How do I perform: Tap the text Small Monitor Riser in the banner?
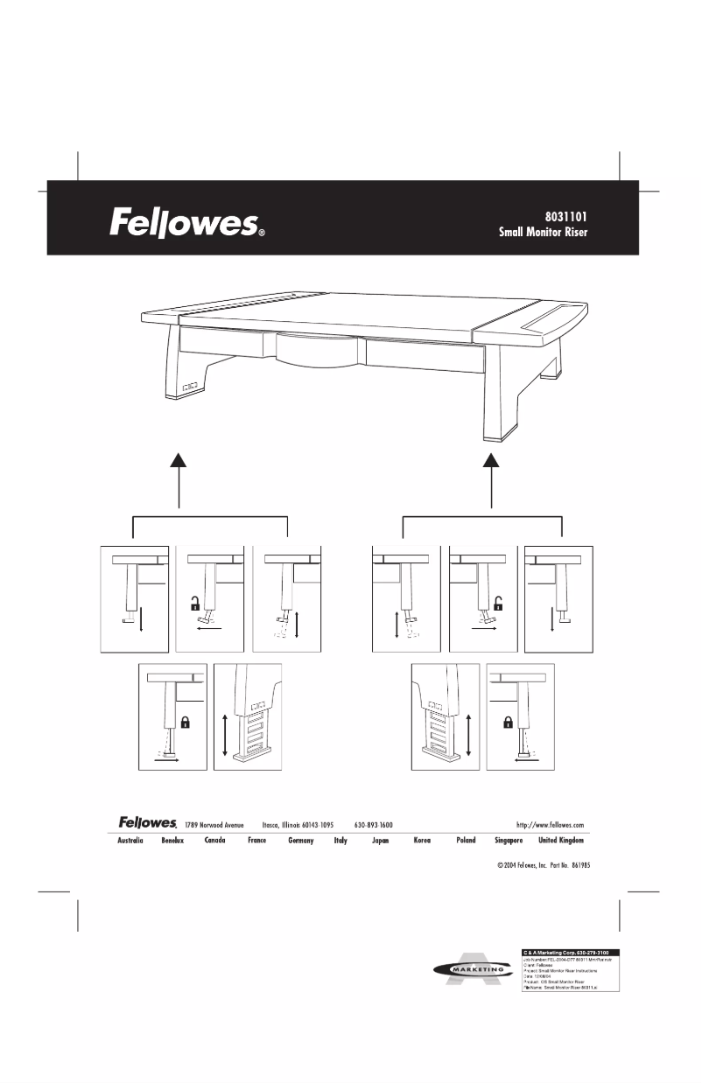coord(548,234)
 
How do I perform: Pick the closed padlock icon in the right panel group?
coord(507,722)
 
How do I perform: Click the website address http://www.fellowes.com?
coord(551,824)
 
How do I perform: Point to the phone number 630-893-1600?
coord(373,824)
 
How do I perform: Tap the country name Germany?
coord(300,841)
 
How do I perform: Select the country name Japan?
coord(380,841)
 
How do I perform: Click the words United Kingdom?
coord(560,841)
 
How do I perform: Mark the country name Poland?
coord(466,841)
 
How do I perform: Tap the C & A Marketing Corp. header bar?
coord(571,951)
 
